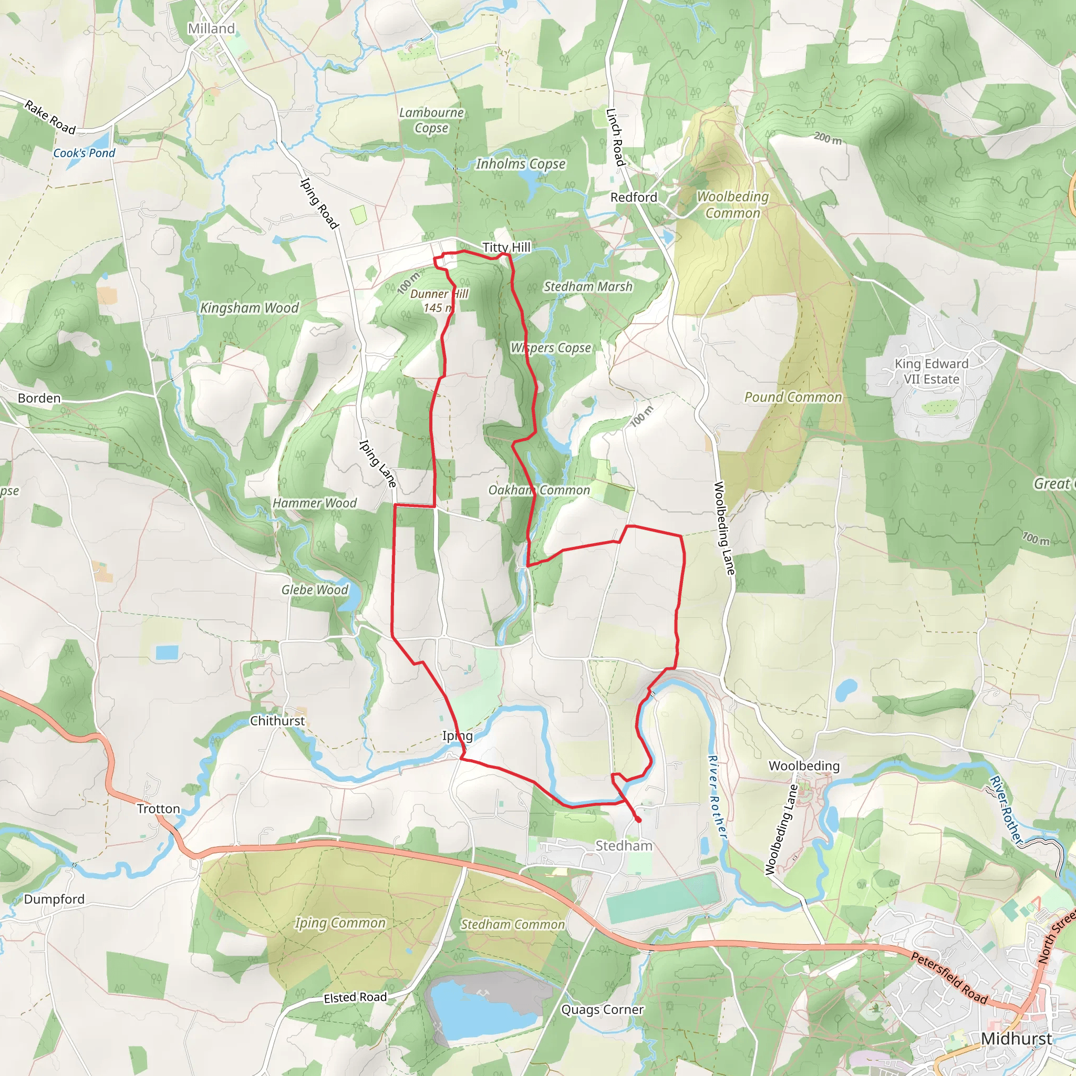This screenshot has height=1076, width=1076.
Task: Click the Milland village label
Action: coord(211,28)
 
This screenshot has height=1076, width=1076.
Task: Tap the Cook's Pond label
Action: coord(84,153)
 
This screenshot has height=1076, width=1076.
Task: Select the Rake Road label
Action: coord(50,118)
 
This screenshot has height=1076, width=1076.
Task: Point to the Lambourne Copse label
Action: coord(432,120)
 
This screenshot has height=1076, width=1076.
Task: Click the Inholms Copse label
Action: coord(520,164)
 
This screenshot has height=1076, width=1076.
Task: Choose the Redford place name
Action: coord(634,197)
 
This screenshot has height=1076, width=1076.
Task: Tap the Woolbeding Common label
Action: coord(732,205)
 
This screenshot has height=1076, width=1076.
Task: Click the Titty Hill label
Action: coord(506,247)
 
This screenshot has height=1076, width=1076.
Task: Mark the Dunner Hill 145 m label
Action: coord(439,301)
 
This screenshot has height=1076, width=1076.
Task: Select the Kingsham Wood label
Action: coord(250,308)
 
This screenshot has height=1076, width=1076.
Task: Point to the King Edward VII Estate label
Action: coord(931,371)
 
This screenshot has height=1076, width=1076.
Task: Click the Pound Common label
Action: coord(793,397)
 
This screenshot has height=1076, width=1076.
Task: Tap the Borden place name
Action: coord(39,398)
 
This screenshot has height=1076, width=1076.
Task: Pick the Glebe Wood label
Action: coord(315,590)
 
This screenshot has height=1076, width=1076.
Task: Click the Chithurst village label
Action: coord(277,721)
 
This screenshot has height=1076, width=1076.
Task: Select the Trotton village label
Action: coord(159,809)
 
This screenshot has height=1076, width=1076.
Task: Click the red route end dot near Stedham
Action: coord(638,820)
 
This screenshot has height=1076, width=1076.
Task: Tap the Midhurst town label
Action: coord(1017,1039)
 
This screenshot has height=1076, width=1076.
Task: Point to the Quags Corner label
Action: coord(602,1010)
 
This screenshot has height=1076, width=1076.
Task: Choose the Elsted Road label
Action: coord(355,998)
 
